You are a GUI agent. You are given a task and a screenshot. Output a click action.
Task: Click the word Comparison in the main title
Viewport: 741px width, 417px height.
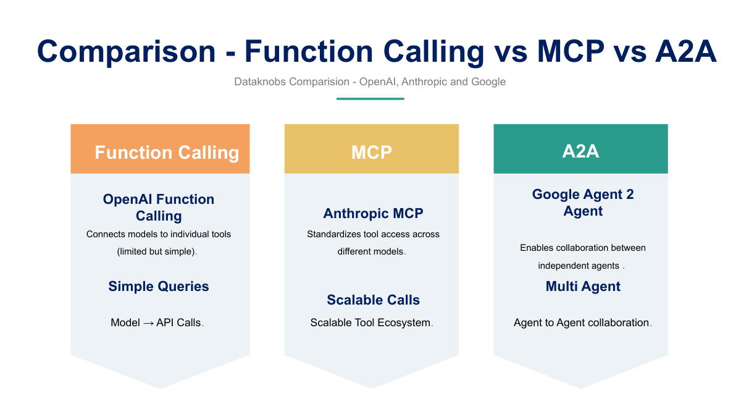(x=127, y=51)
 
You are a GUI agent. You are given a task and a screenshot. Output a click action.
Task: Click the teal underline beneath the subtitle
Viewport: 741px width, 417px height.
(x=370, y=98)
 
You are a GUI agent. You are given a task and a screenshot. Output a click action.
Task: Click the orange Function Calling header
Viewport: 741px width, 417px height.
(x=161, y=150)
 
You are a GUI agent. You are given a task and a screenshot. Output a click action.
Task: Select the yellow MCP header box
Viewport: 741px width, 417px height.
(x=371, y=150)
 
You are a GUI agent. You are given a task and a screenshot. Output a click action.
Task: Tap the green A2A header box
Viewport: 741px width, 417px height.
(x=580, y=150)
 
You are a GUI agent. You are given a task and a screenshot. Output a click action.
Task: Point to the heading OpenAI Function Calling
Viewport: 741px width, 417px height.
(x=159, y=208)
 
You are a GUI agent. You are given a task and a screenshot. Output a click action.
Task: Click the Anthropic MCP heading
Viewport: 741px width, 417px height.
(x=373, y=214)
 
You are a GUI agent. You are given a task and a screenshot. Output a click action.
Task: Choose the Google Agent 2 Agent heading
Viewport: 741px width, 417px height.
(x=583, y=203)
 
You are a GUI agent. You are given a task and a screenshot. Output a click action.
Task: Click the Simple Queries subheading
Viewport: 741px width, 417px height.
(x=159, y=287)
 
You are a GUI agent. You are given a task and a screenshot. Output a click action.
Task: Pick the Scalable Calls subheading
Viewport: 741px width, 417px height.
(x=373, y=300)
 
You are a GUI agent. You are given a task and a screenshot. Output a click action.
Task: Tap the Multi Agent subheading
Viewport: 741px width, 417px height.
(x=583, y=287)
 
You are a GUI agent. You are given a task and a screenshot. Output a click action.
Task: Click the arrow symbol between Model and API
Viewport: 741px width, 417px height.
(x=148, y=322)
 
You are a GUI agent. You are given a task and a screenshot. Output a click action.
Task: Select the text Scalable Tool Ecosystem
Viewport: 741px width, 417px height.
(x=371, y=322)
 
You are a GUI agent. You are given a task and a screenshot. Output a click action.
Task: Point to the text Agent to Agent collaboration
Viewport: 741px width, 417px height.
(x=582, y=322)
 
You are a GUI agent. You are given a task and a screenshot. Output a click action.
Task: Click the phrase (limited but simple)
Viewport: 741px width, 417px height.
(x=157, y=252)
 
